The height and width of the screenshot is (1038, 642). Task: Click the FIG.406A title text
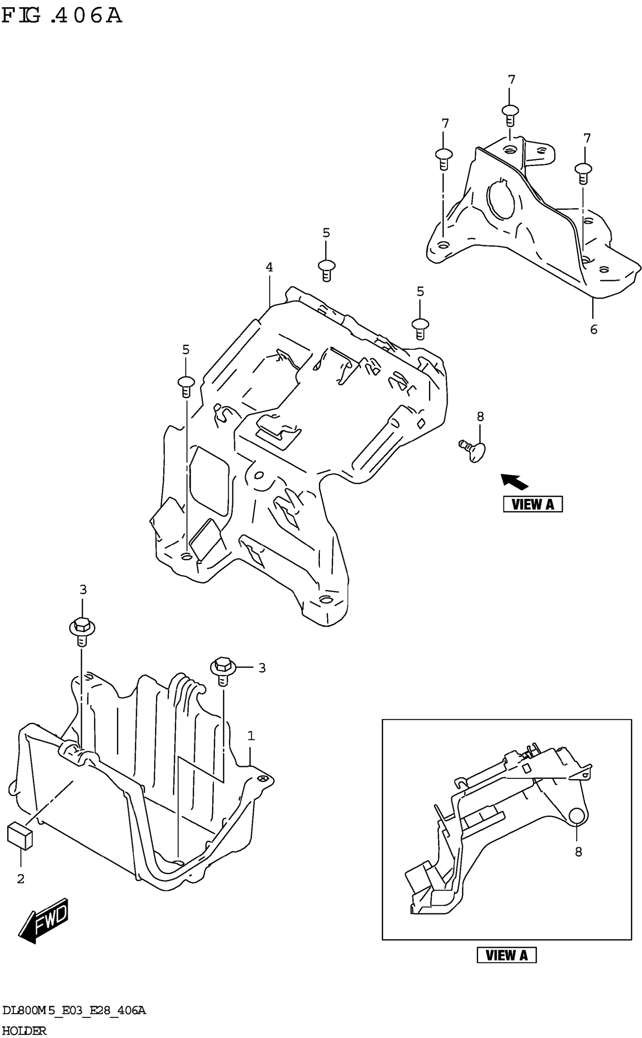pyautogui.click(x=62, y=16)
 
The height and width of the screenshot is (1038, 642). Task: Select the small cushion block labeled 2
pyautogui.click(x=20, y=836)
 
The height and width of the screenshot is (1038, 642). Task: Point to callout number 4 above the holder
pyautogui.click(x=269, y=267)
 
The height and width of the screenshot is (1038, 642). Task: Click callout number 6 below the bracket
pyautogui.click(x=594, y=329)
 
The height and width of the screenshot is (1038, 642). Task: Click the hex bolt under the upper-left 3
pyautogui.click(x=82, y=630)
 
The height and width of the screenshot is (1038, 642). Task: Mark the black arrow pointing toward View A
pyautogui.click(x=514, y=482)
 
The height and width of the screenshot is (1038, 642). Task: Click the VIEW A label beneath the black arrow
pyautogui.click(x=532, y=504)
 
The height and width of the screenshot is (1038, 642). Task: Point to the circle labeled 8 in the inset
pyautogui.click(x=577, y=816)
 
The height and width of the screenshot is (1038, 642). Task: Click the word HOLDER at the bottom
pyautogui.click(x=24, y=1030)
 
